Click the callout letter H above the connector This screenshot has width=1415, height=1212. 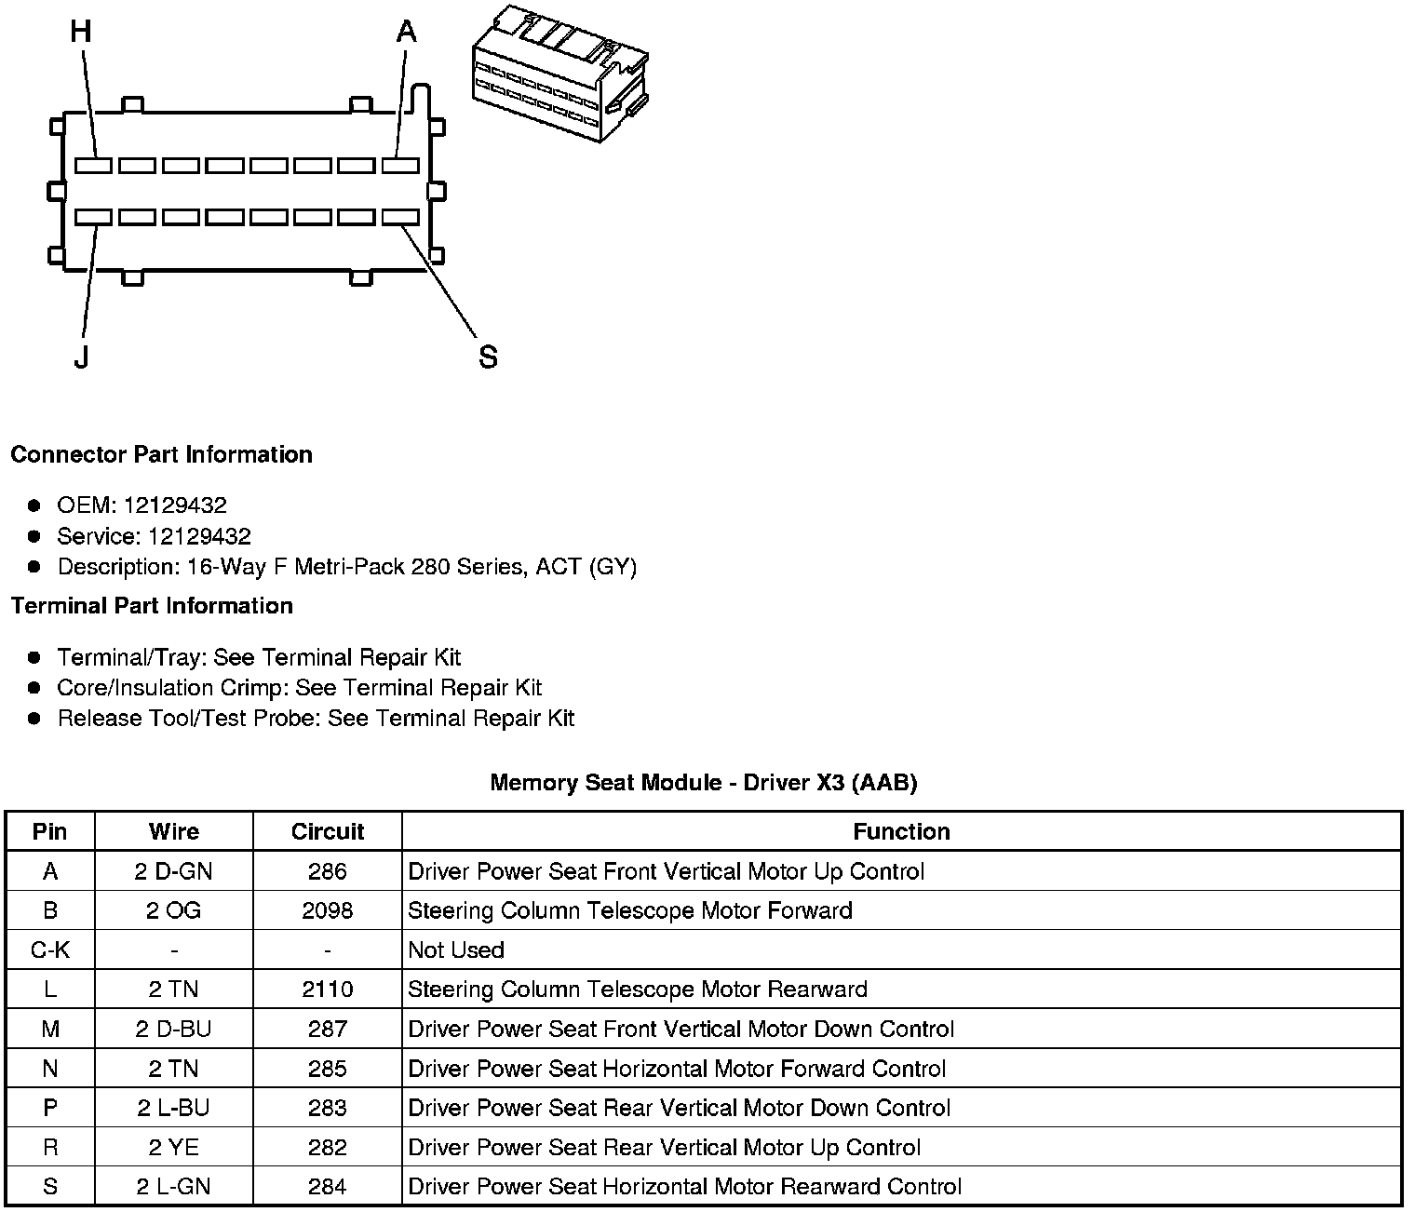pos(81,33)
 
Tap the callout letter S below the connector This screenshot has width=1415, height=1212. pos(488,357)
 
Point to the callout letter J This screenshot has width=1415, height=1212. pos(82,357)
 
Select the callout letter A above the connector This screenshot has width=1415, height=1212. pos(406,33)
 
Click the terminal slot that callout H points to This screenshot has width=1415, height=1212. pos(93,166)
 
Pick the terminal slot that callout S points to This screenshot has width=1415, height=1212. pos(400,217)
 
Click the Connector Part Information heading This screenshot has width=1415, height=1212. pos(161,454)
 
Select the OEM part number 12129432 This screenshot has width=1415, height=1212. pos(175,505)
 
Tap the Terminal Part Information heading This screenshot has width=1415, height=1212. pos(152,606)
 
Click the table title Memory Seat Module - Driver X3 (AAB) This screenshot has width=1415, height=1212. pos(704,783)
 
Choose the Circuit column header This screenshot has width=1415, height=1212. pos(328,831)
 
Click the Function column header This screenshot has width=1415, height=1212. pos(901,831)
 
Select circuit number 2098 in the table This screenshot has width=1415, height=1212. pos(328,910)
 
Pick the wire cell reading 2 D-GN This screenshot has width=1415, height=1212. pos(174,871)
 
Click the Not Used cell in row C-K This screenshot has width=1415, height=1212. pos(456,950)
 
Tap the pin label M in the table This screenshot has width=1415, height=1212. pos(50,1030)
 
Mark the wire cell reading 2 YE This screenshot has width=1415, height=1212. pos(174,1148)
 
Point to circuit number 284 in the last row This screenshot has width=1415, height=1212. pos(328,1187)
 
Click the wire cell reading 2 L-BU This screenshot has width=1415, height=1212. pos(174,1108)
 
